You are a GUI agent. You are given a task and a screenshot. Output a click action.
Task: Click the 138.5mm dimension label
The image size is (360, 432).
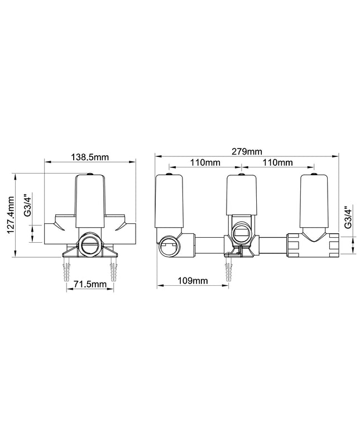click(90, 157)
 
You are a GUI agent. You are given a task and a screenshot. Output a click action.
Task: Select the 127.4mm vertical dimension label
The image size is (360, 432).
click(11, 215)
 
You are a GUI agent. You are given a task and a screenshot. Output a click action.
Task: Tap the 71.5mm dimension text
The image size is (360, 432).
click(90, 284)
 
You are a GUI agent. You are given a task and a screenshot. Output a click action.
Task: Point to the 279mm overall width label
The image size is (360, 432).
click(247, 151)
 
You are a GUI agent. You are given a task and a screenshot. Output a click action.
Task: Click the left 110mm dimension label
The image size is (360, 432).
click(205, 162)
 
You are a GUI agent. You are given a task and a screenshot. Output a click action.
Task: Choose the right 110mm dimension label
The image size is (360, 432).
click(277, 162)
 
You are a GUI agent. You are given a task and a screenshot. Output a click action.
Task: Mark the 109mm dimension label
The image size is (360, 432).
click(193, 281)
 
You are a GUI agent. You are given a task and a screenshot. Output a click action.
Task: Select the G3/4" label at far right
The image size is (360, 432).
click(348, 216)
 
